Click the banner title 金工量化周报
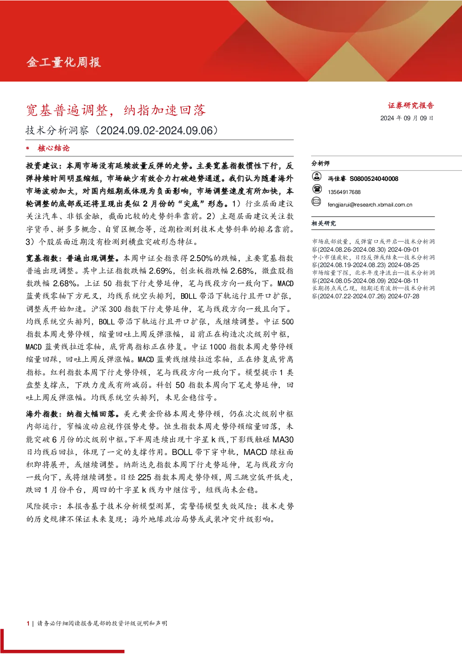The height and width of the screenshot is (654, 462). [x=64, y=62]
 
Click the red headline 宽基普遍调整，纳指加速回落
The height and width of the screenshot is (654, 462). [x=116, y=110]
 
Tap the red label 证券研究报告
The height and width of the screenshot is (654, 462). [x=411, y=105]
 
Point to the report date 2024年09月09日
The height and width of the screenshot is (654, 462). [x=407, y=118]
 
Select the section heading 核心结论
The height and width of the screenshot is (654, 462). [x=54, y=148]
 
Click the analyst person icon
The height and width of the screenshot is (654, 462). [x=317, y=176]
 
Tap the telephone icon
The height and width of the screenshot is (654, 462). [x=317, y=189]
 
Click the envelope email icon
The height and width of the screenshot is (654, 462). [x=316, y=201]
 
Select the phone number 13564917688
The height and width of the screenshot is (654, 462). [x=344, y=192]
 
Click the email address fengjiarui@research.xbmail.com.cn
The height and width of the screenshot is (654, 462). [x=370, y=205]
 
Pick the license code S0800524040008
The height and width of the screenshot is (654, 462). [x=374, y=179]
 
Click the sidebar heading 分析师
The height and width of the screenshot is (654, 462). [x=320, y=164]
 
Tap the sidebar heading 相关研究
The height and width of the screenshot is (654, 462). [x=324, y=223]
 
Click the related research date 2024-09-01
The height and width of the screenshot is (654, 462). [x=403, y=250]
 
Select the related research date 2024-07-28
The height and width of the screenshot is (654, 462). [x=403, y=296]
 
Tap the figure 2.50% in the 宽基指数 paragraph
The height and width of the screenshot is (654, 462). [x=201, y=258]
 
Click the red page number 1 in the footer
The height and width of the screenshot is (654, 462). [x=28, y=623]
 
